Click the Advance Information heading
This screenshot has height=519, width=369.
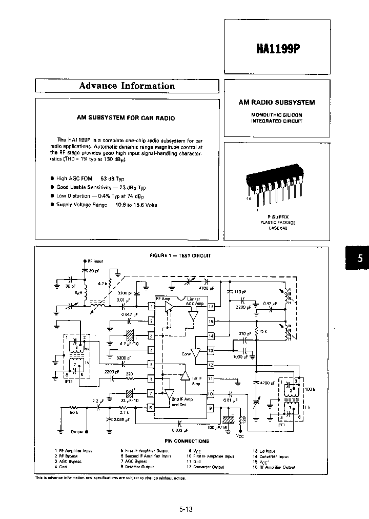click(127, 86)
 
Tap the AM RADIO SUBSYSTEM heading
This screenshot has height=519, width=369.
click(277, 103)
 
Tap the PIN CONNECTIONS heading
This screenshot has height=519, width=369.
click(187, 441)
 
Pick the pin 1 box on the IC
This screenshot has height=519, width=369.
click(151, 307)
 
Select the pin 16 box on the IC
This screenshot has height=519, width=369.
click(211, 307)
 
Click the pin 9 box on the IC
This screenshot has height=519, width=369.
click(211, 408)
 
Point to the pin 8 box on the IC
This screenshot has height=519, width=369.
click(151, 408)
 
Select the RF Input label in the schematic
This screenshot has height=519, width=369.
click(95, 261)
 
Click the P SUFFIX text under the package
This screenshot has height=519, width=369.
click(277, 217)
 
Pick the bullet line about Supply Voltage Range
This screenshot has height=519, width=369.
click(106, 205)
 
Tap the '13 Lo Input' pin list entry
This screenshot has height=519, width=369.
click(264, 451)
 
